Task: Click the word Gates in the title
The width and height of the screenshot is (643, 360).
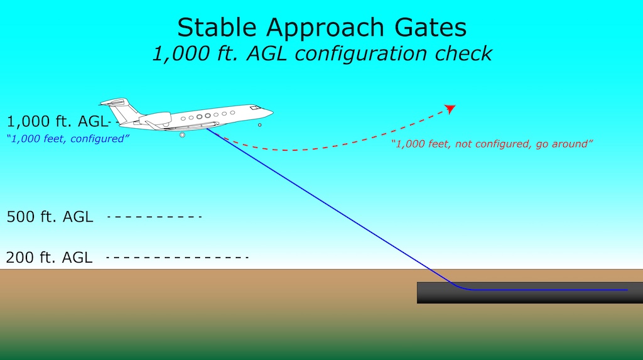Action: pos(431,28)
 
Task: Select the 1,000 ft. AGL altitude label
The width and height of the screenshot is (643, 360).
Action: pos(57,121)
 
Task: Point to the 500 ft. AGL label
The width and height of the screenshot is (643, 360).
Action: pos(50,217)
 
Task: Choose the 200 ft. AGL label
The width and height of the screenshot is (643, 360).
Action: pos(49,258)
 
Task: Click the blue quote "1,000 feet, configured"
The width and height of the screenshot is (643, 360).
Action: pos(68,139)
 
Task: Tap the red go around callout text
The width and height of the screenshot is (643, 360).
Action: pos(492,144)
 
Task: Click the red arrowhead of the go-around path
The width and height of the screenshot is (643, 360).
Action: pos(450,109)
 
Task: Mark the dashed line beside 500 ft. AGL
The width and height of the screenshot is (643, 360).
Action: pos(154,217)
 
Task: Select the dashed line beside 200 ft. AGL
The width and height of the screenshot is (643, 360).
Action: pos(177,258)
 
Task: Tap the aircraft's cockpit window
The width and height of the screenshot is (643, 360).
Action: pos(255,108)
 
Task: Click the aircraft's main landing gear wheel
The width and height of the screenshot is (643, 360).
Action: pos(183,134)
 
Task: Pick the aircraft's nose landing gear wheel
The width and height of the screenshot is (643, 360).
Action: pos(259,125)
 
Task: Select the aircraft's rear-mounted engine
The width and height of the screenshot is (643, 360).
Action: pos(156,119)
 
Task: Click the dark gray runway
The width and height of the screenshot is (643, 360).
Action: pos(530,293)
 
